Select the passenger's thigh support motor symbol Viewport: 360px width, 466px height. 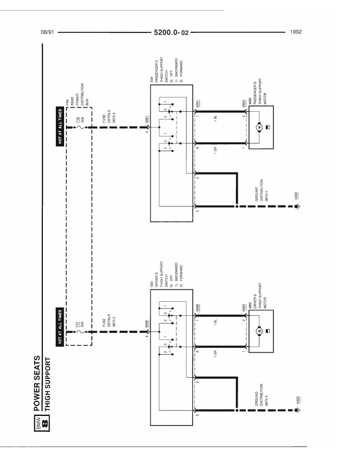(258, 127)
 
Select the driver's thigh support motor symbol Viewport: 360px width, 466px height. (258, 332)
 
